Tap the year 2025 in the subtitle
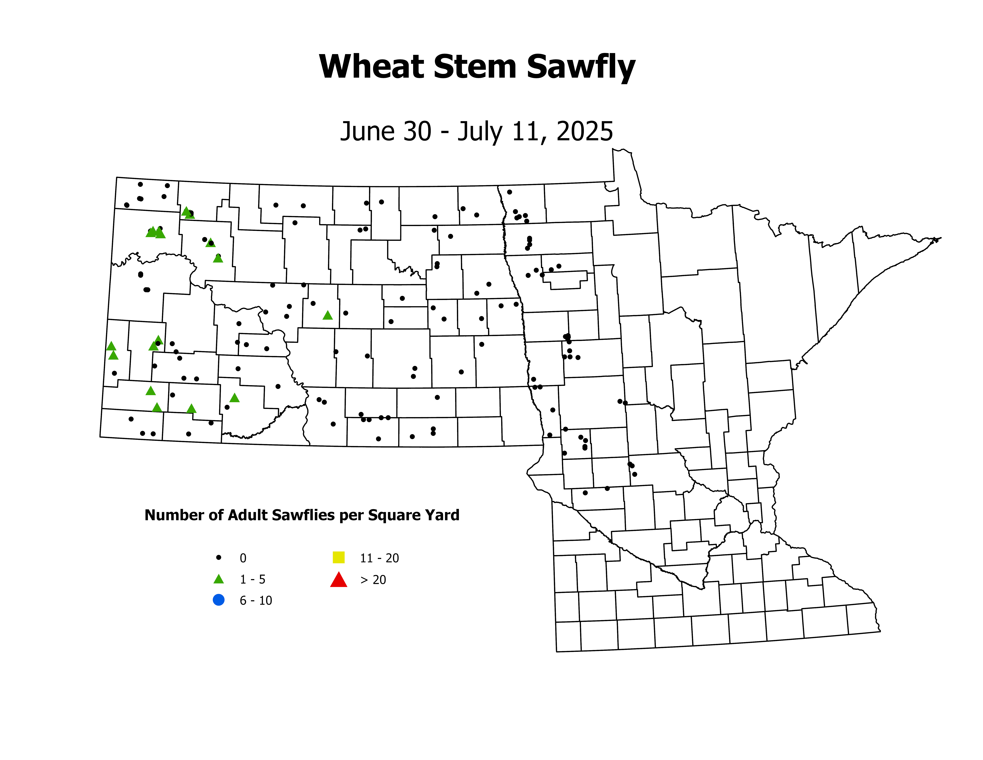tap(585, 131)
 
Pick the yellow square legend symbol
tap(339, 557)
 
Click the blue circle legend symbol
tap(219, 600)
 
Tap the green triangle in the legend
tap(219, 579)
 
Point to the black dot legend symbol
tap(219, 557)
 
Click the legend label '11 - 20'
tap(379, 558)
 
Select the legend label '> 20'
tap(373, 580)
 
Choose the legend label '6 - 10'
tap(256, 601)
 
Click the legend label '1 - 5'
tap(252, 579)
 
